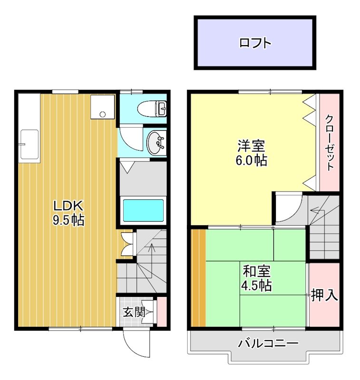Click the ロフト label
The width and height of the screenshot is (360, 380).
pos(255,43)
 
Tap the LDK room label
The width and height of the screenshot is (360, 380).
pos(68,207)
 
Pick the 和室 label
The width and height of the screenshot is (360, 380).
pos(257,272)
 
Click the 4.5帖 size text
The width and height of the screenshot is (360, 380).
pos(257,286)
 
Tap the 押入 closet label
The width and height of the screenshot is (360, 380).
pos(324,296)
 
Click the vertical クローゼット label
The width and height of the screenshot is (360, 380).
pos(330,142)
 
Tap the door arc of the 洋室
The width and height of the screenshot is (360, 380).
pos(289,208)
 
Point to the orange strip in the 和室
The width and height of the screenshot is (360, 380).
pos(198,278)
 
